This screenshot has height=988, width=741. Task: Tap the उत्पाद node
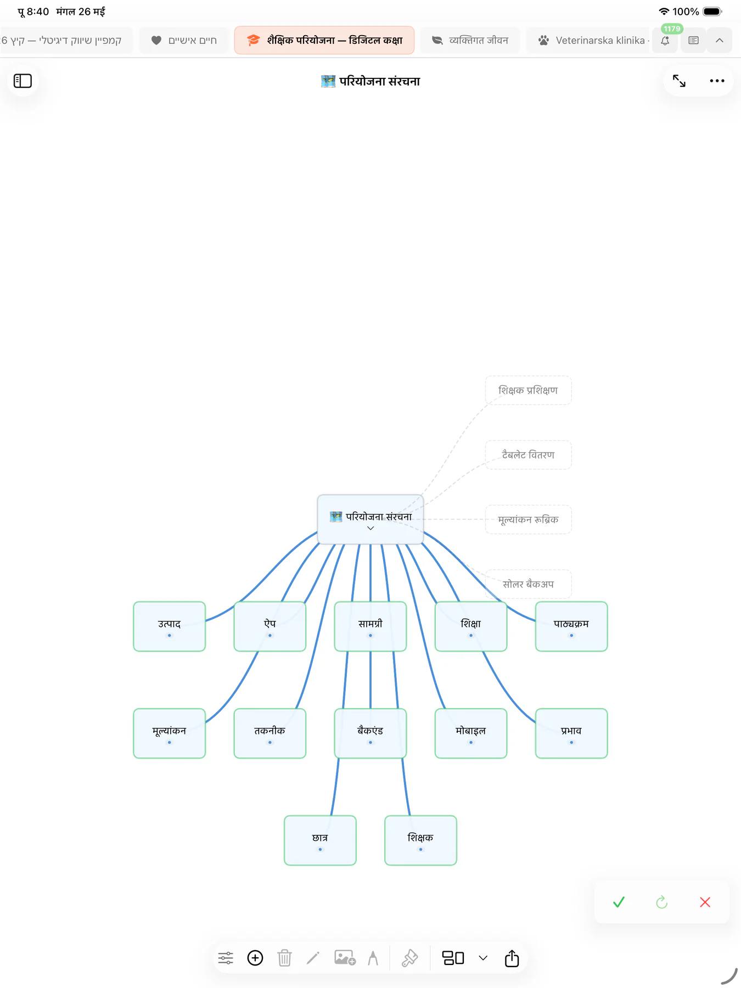(169, 626)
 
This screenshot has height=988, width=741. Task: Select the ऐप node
(270, 626)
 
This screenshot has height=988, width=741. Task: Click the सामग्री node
(370, 626)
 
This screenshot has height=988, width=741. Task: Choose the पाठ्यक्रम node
(571, 626)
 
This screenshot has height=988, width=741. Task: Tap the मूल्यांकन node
(169, 733)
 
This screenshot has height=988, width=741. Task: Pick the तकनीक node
(270, 733)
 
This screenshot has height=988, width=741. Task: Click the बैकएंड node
(370, 733)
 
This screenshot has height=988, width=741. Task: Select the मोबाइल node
(471, 733)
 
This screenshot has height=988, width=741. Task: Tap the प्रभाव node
(571, 733)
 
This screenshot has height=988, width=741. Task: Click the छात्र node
(320, 840)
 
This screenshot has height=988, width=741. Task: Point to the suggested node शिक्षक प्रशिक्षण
(528, 390)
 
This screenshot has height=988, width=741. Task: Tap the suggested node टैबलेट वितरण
(528, 455)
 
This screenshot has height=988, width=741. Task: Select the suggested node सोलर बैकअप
(528, 584)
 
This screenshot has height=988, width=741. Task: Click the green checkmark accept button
(619, 902)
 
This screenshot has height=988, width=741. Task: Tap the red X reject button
(705, 902)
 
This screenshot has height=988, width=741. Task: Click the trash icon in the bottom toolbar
(284, 958)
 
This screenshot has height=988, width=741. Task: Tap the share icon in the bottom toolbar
(512, 958)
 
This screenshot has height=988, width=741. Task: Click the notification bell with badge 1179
(665, 40)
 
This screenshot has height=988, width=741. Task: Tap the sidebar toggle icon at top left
(23, 81)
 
